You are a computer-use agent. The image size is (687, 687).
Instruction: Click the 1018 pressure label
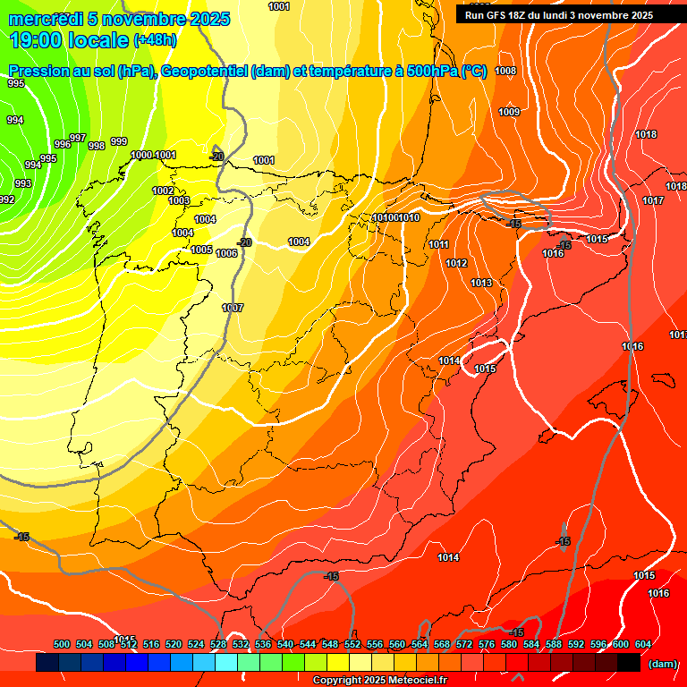tap(646, 135)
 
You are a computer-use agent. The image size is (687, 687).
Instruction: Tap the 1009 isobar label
tap(509, 112)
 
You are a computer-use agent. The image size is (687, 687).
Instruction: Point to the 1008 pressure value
tap(505, 71)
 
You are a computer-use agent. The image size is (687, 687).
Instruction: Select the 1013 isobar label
tap(481, 284)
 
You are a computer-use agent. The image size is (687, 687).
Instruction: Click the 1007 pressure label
tap(233, 308)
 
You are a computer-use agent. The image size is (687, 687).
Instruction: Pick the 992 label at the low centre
tap(7, 199)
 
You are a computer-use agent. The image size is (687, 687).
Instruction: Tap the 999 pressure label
tap(119, 141)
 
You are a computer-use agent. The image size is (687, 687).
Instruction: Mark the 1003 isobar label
tap(179, 200)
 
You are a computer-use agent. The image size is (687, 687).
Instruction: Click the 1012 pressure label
tap(456, 264)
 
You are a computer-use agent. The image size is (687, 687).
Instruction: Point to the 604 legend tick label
tap(642, 644)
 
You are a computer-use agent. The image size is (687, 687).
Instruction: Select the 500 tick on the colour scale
tap(62, 644)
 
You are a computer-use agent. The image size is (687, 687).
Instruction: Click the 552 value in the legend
tap(352, 644)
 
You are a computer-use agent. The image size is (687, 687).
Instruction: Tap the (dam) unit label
tap(663, 663)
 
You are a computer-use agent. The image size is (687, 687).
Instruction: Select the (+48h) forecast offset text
tap(155, 40)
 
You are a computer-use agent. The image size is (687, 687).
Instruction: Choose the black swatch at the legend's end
tap(629, 663)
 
